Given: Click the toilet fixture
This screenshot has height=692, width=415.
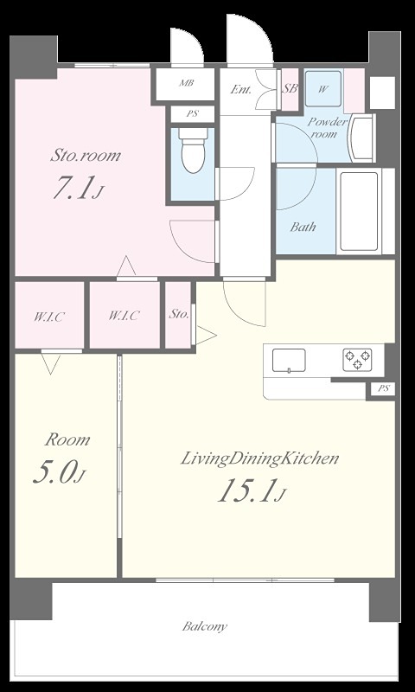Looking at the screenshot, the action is click(x=193, y=150).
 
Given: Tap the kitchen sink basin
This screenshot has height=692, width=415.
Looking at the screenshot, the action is click(x=289, y=361).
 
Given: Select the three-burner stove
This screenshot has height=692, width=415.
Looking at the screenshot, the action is click(x=357, y=359).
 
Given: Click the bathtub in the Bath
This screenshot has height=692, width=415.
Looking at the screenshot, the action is click(x=359, y=211).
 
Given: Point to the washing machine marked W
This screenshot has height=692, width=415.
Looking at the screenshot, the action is click(x=323, y=88).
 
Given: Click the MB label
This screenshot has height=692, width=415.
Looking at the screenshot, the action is click(x=186, y=82).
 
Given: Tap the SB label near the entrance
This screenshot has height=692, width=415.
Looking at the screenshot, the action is click(x=290, y=88).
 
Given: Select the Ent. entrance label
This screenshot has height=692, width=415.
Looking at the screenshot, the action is click(x=241, y=90).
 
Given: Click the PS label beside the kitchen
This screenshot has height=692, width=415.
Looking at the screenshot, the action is click(x=384, y=388).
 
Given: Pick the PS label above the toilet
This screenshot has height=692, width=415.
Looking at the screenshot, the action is click(x=192, y=113).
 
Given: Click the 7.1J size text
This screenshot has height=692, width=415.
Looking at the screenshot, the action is click(x=79, y=189).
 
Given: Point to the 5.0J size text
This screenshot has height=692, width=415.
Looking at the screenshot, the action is click(x=59, y=473).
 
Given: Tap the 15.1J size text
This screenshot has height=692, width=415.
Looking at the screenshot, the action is click(x=252, y=491).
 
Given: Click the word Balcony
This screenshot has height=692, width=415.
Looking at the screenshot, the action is click(x=205, y=626).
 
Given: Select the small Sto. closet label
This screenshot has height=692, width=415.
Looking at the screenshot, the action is click(x=179, y=315).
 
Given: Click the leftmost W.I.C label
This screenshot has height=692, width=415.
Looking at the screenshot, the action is click(x=49, y=317).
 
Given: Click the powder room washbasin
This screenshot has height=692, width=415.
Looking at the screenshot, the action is click(x=361, y=138).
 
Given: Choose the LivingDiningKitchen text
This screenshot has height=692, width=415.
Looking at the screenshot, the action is click(x=259, y=459).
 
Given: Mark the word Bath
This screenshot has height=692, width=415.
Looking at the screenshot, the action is click(x=303, y=227).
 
